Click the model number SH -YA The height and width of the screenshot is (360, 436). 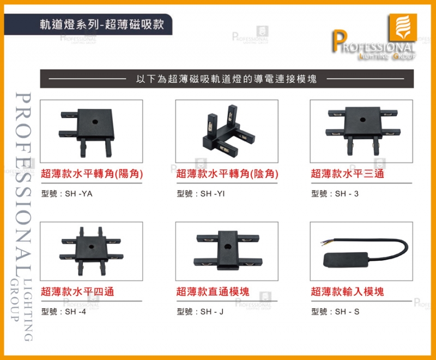[x=78, y=193]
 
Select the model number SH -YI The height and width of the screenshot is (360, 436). [x=213, y=193]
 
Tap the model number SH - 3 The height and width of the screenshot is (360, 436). [x=347, y=193]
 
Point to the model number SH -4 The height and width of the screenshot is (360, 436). [x=75, y=312]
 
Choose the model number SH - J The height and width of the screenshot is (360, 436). [x=212, y=312]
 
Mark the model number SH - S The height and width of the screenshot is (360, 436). [x=347, y=312]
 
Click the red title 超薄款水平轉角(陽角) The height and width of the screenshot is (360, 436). [x=92, y=174]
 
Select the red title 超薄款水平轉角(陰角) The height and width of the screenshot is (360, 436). [x=227, y=174]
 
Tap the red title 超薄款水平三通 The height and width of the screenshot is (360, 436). [x=347, y=174]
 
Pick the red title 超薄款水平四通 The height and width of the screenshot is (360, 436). [x=77, y=292]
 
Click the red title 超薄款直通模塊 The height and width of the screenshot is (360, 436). [x=213, y=292]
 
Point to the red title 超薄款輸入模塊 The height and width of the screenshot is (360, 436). [x=347, y=292]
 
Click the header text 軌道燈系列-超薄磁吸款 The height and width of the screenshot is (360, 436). [x=102, y=25]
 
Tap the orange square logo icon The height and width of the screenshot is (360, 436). [x=403, y=27]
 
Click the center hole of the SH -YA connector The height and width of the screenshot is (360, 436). [x=95, y=121]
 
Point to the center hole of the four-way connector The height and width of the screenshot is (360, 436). [x=91, y=246]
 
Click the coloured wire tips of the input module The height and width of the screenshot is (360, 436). [x=324, y=243]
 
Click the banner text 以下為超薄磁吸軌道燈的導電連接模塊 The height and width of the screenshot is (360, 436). [x=226, y=79]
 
